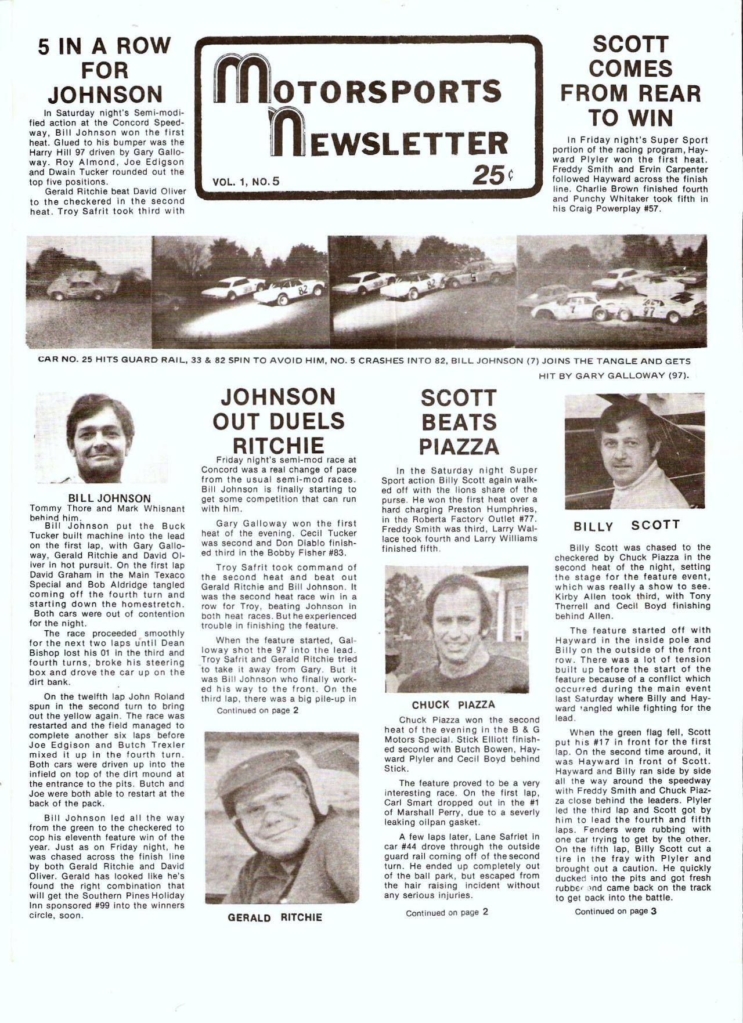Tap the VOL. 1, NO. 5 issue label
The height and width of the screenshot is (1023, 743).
pyautogui.click(x=246, y=181)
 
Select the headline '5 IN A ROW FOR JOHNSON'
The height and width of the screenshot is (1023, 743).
pyautogui.click(x=104, y=70)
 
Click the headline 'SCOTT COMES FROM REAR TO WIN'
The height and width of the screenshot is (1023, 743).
pyautogui.click(x=630, y=81)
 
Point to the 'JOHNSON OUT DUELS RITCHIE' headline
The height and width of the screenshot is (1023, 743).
pyautogui.click(x=279, y=421)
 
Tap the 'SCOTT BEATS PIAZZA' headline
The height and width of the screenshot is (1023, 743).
pyautogui.click(x=458, y=422)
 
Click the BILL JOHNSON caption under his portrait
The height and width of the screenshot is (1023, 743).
pyautogui.click(x=110, y=498)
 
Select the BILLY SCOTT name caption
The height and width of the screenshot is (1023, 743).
pyautogui.click(x=626, y=526)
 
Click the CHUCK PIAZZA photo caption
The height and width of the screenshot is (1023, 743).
pyautogui.click(x=453, y=704)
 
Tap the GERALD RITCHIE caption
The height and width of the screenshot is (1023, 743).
pyautogui.click(x=275, y=917)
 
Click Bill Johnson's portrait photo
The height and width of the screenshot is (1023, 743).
pyautogui.click(x=101, y=438)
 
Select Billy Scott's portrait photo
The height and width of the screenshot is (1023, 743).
pyautogui.click(x=634, y=451)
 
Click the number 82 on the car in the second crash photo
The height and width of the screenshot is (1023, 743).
pyautogui.click(x=302, y=291)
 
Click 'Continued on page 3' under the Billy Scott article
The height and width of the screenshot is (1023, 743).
pyautogui.click(x=615, y=911)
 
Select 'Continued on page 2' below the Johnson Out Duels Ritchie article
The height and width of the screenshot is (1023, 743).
pyautogui.click(x=257, y=710)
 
